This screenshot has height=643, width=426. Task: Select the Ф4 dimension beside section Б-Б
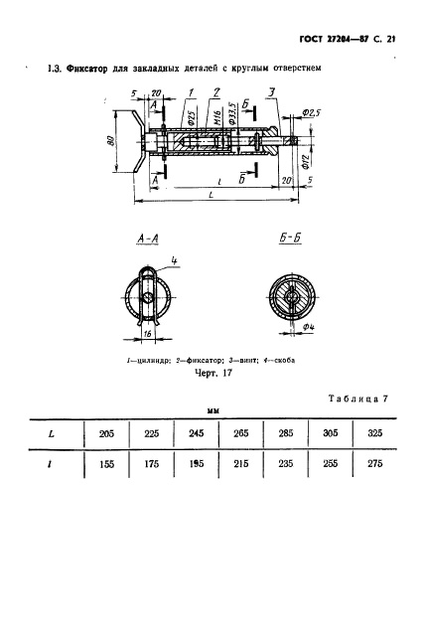pyautogui.click(x=308, y=325)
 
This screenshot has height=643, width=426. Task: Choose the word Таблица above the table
pyautogui.click(x=354, y=399)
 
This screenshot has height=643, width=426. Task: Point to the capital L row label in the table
pyautogui.click(x=53, y=433)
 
